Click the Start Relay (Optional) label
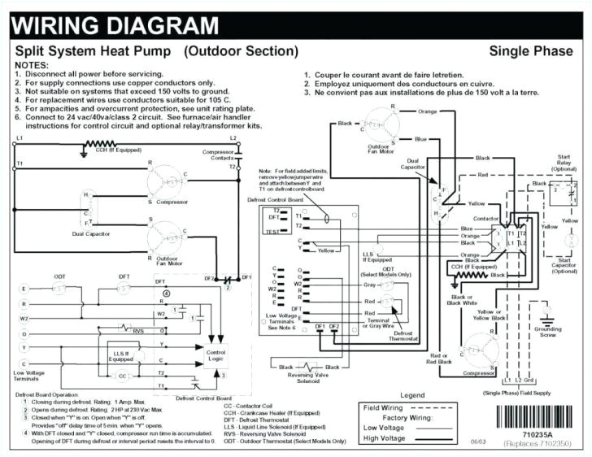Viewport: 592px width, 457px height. point(563,164)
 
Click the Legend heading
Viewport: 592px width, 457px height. point(412,395)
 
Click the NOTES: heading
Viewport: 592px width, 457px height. point(33,63)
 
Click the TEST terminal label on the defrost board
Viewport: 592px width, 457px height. point(272,232)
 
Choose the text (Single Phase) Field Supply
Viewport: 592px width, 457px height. point(517,393)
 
